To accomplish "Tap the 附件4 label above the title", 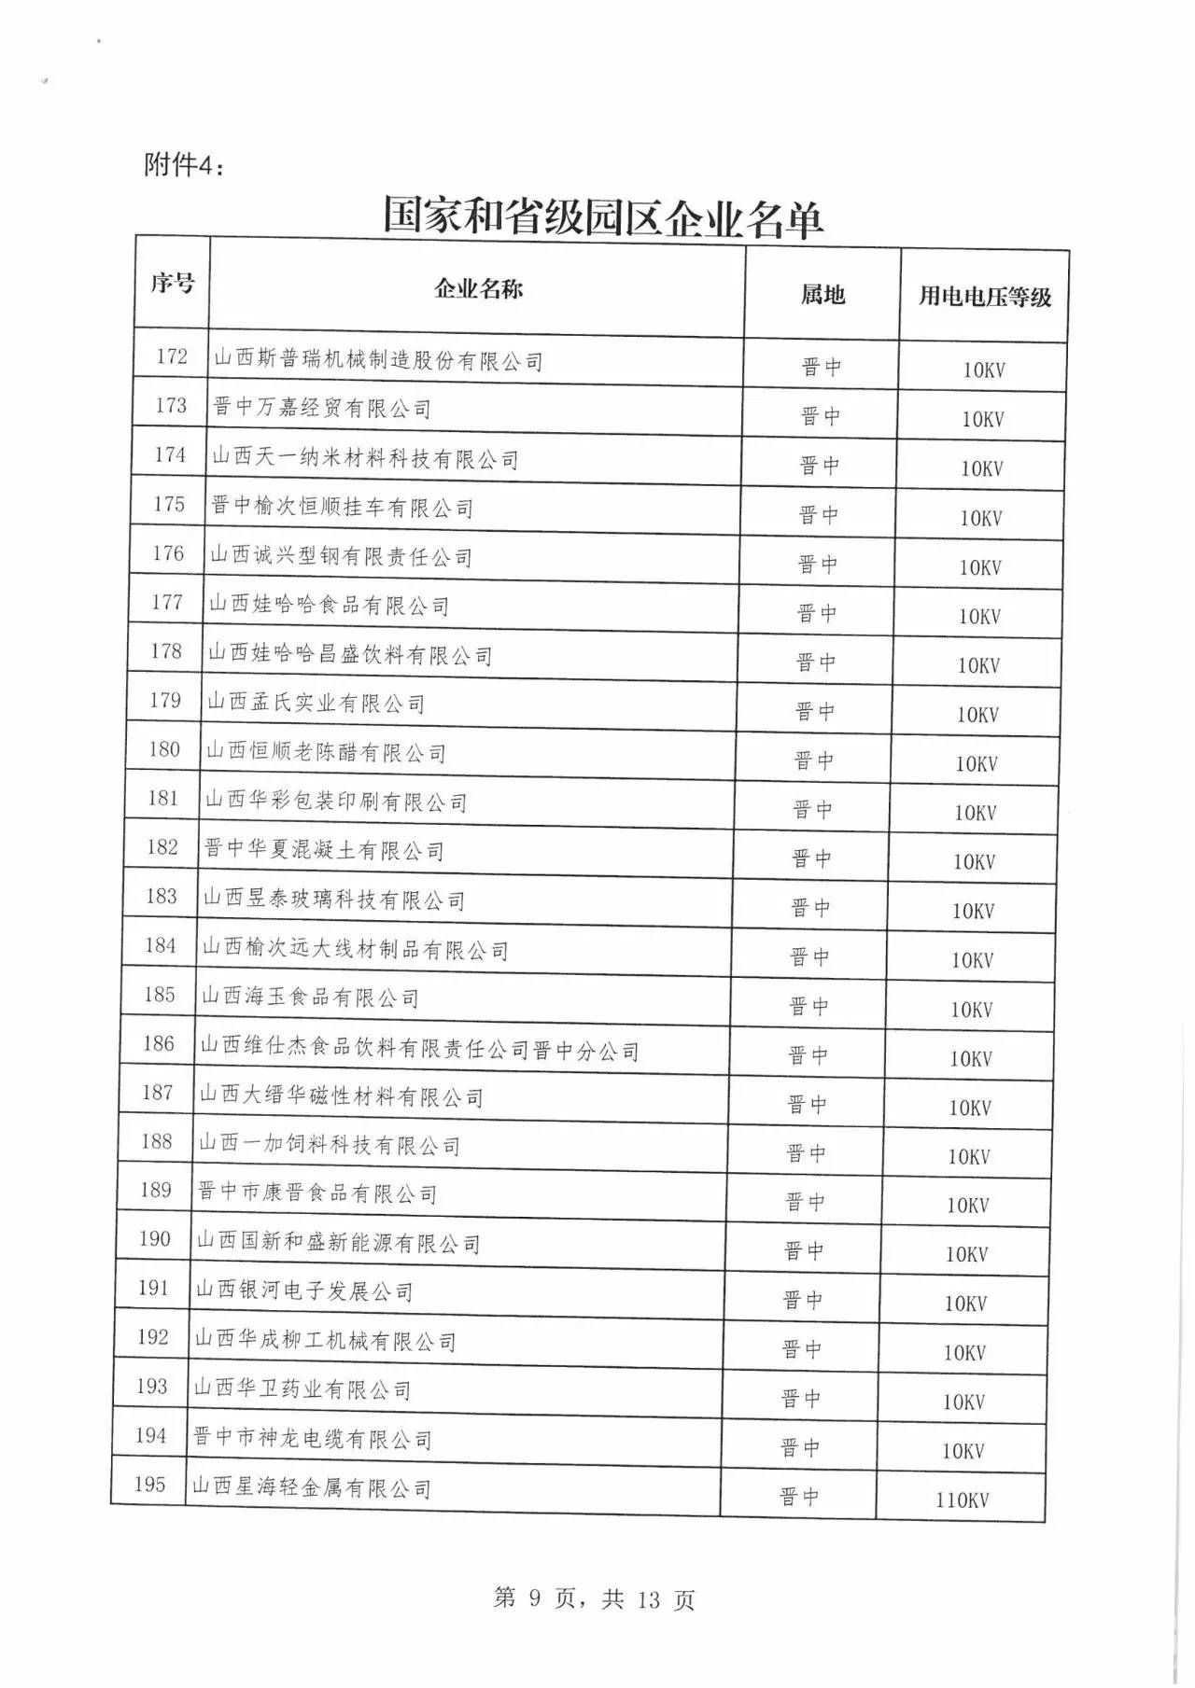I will click(x=184, y=165).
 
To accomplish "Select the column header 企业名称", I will click(x=478, y=288).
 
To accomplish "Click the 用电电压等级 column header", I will click(x=984, y=297).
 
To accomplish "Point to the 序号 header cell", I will click(x=173, y=282).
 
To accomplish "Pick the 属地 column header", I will click(x=822, y=295).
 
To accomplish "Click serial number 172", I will click(x=172, y=356).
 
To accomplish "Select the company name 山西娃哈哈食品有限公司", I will click(x=329, y=605).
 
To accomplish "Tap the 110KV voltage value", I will click(x=962, y=1500).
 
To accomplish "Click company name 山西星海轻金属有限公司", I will click(x=312, y=1487).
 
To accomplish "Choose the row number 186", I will click(x=159, y=1043).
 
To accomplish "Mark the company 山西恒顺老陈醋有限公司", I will click(x=326, y=752).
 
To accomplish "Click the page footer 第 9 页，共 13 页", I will click(x=594, y=1598).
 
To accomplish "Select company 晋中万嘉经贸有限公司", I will click(x=322, y=408).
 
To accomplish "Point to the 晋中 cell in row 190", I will click(x=804, y=1251).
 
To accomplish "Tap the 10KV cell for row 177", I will click(x=979, y=617).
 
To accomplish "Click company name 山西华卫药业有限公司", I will click(x=302, y=1389).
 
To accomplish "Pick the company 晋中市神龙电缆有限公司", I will click(x=313, y=1439).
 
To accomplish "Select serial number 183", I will click(x=162, y=896).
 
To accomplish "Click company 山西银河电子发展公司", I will click(x=304, y=1291).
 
